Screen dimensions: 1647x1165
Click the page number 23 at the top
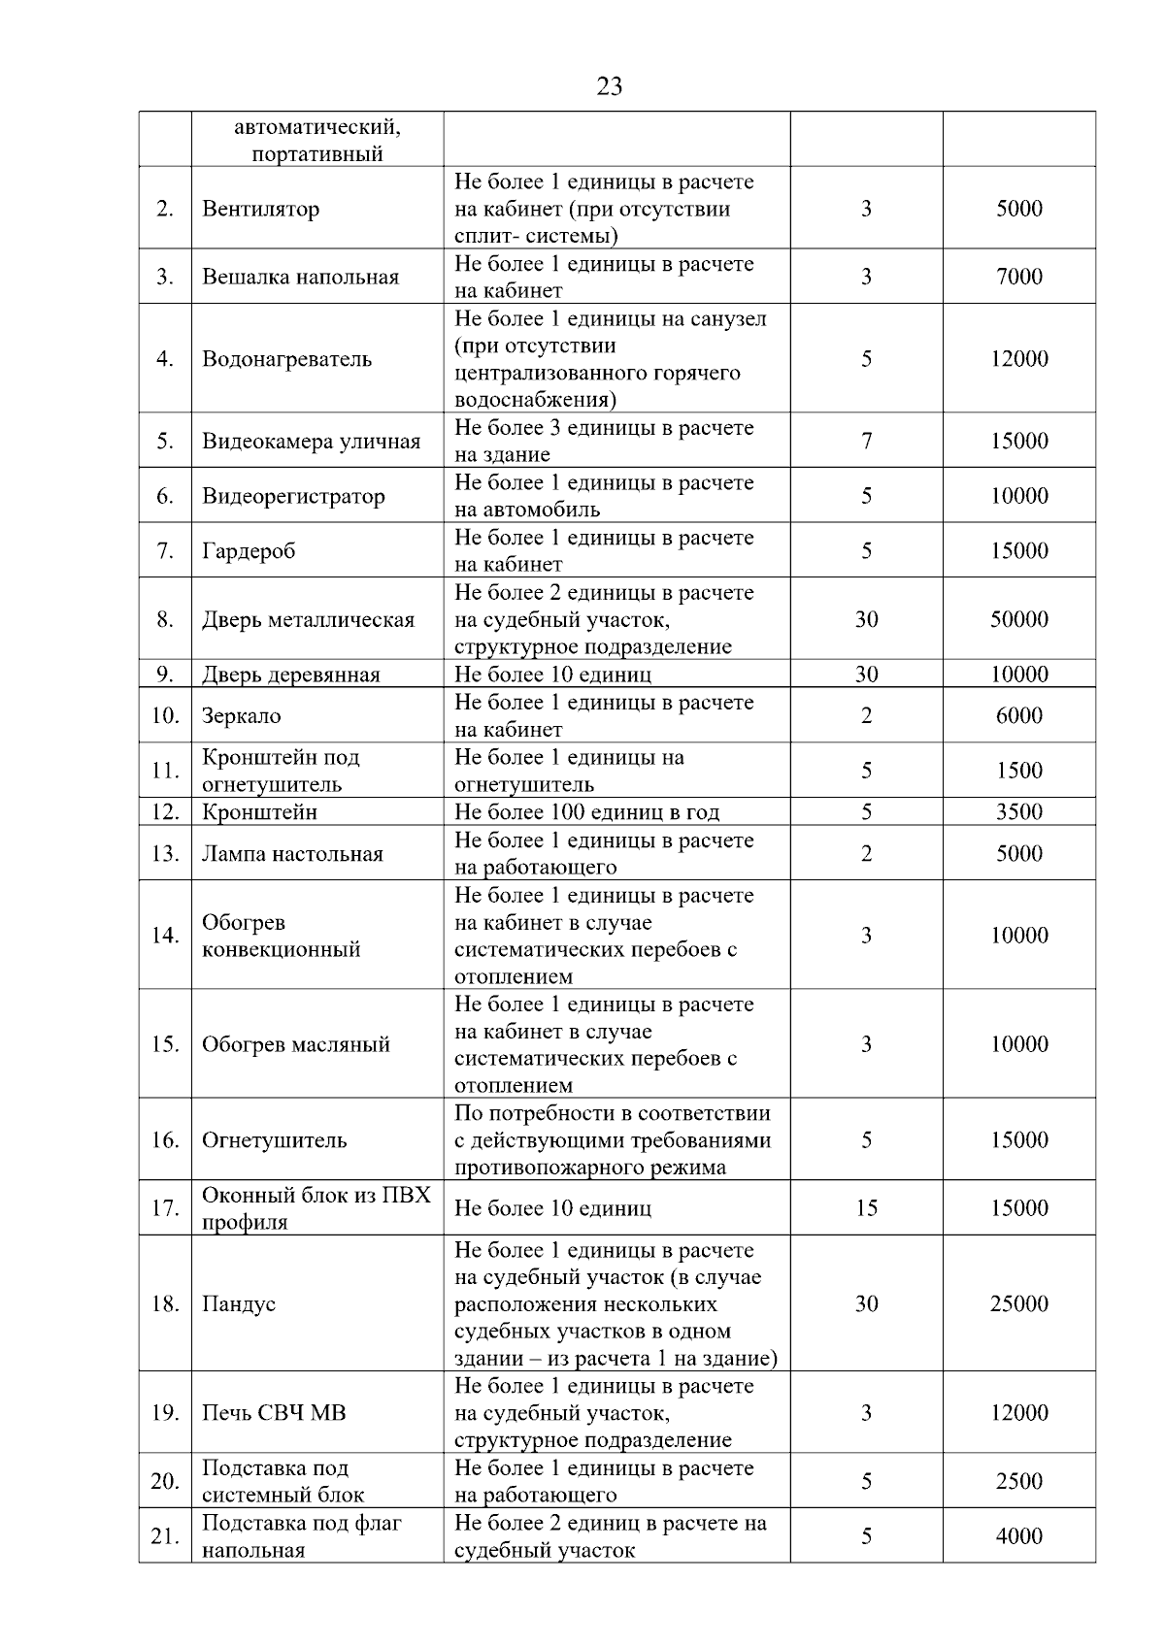(609, 86)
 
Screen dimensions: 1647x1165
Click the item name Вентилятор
(260, 209)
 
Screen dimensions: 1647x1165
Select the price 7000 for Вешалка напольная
(1018, 277)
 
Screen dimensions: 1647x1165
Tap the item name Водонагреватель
(286, 359)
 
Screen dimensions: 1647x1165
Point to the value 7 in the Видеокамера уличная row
(866, 442)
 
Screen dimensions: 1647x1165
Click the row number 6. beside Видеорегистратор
(165, 496)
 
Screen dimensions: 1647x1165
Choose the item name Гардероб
(249, 551)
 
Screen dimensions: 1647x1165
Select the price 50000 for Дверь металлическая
(1018, 619)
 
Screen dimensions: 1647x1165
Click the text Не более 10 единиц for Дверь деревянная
(552, 675)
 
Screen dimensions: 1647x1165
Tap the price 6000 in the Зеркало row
(1018, 716)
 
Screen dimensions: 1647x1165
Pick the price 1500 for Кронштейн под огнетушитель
(1018, 771)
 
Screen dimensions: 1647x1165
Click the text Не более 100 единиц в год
(586, 812)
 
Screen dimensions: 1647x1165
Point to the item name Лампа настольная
(292, 854)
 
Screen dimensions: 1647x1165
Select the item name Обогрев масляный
(295, 1044)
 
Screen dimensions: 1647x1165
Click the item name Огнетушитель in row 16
(274, 1140)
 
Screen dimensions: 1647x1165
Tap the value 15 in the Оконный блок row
(866, 1208)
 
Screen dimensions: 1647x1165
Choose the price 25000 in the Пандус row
(1018, 1303)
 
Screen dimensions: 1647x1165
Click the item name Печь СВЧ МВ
(274, 1413)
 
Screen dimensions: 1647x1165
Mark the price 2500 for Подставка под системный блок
(1018, 1481)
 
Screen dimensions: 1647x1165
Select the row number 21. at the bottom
(165, 1536)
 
